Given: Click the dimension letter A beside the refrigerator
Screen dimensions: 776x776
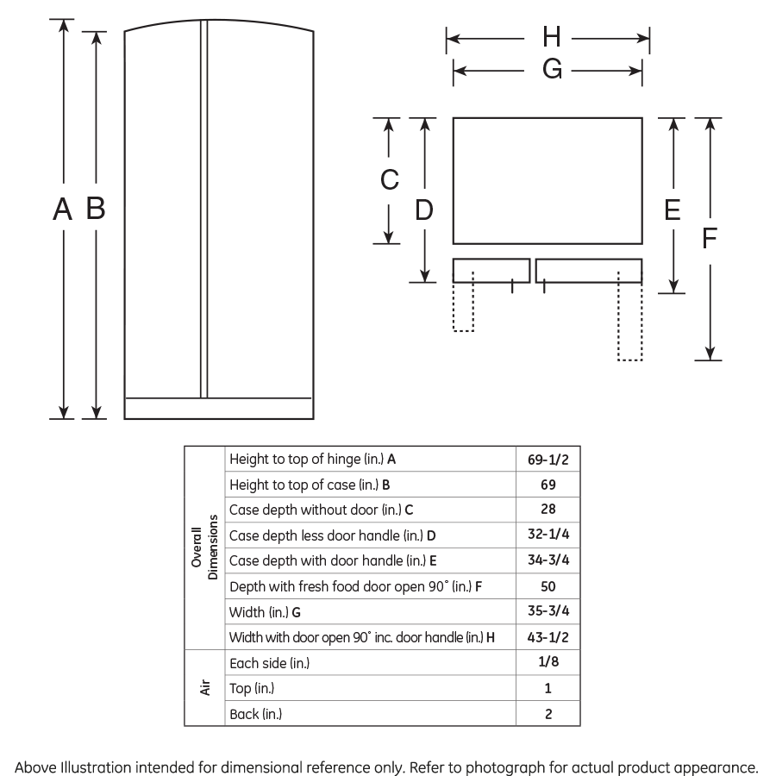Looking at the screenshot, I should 61,209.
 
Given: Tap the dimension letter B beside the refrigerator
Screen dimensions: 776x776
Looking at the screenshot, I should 96,209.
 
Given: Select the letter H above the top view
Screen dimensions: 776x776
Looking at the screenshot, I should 552,38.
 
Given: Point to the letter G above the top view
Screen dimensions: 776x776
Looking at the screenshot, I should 552,71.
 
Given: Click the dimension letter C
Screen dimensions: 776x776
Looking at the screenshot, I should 390,179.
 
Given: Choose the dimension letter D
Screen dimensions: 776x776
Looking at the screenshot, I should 424,210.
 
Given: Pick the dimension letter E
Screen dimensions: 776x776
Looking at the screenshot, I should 673,210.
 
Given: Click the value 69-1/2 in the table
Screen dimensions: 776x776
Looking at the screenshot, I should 548,460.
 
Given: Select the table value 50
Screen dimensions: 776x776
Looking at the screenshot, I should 548,586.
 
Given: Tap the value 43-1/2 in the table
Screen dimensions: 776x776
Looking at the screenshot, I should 548,638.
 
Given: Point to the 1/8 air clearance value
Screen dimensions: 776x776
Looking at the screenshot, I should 548,663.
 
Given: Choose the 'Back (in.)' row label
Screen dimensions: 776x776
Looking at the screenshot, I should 256,714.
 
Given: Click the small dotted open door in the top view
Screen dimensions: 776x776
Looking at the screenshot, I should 463,306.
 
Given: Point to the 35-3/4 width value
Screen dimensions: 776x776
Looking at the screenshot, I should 548,612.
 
